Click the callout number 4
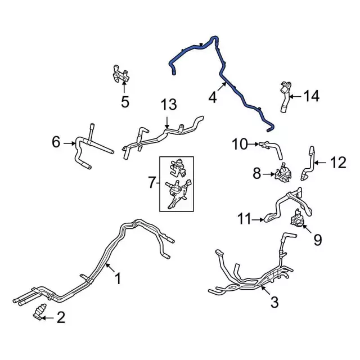coord(213,97)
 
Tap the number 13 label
coord(169,105)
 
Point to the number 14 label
coord(312,96)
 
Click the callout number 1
coord(118,278)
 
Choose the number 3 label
coord(274,302)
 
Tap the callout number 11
coord(244,219)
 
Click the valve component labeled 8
coord(283,173)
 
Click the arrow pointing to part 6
coord(70,143)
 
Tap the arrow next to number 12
coord(320,163)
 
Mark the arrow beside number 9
coord(308,229)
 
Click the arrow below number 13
coord(167,123)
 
